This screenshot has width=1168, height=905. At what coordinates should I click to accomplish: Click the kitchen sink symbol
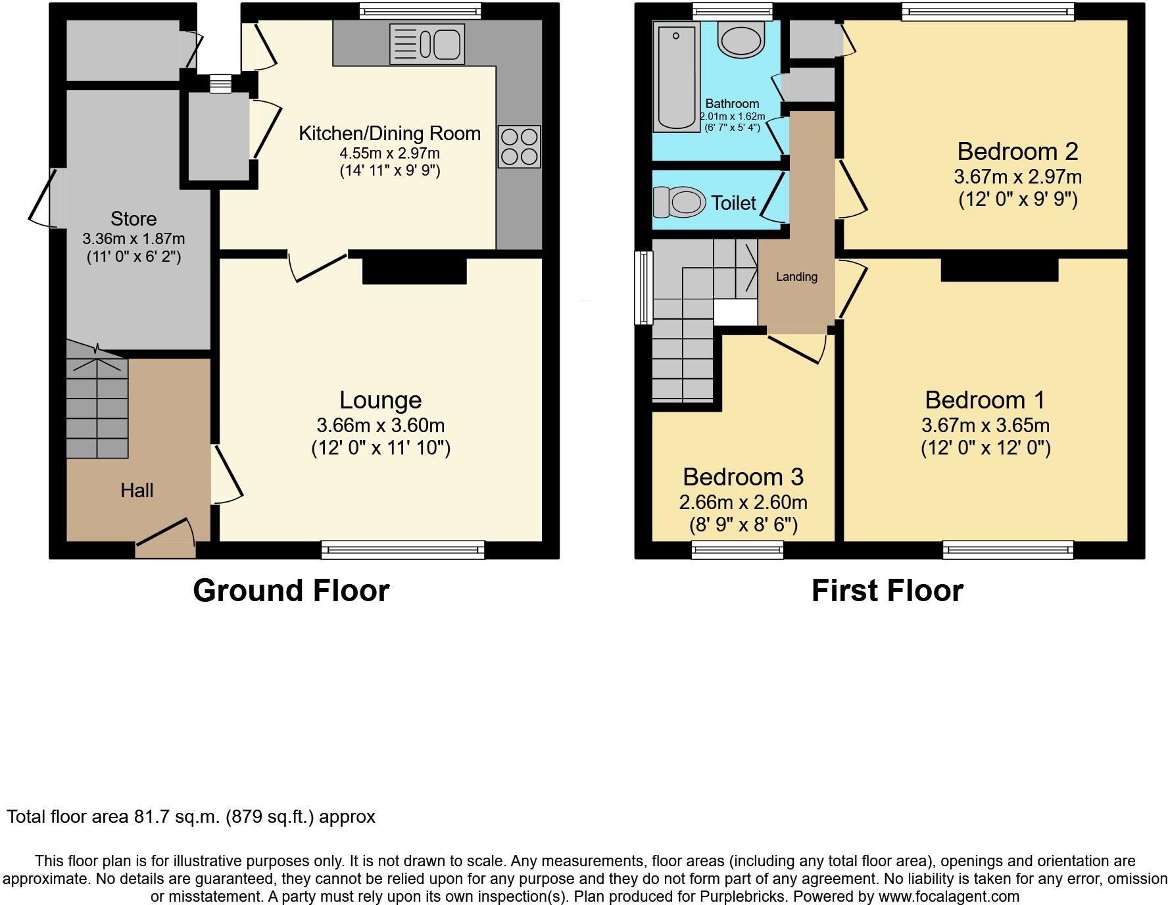click(x=427, y=44)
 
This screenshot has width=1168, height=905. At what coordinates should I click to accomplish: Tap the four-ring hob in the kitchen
click(x=519, y=146)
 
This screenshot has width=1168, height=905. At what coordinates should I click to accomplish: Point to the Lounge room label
click(x=380, y=400)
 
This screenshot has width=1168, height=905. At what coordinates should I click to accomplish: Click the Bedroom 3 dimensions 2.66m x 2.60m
click(x=743, y=502)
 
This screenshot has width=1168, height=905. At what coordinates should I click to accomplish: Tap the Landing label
click(x=796, y=277)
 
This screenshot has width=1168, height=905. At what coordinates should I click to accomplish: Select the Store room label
click(x=134, y=218)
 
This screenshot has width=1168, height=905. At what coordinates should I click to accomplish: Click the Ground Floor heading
click(x=291, y=591)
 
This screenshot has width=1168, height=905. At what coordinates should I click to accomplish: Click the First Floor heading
click(x=887, y=591)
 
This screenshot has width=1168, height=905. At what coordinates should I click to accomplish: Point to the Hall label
click(x=137, y=490)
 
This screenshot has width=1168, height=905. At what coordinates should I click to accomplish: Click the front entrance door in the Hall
click(x=166, y=539)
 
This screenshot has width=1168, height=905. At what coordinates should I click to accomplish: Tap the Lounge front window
click(x=402, y=550)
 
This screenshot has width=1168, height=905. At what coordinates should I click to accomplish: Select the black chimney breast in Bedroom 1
click(x=999, y=270)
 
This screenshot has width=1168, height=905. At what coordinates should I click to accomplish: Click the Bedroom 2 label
click(x=1017, y=151)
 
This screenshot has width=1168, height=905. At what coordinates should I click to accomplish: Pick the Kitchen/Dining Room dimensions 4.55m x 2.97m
click(x=389, y=153)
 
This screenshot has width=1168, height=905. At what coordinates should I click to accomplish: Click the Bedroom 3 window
click(x=737, y=550)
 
